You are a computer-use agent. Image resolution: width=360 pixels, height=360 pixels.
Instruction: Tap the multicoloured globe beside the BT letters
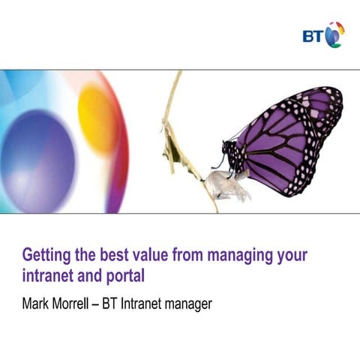coord(334,34)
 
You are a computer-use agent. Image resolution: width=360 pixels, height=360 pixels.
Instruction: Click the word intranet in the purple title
coord(47,274)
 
